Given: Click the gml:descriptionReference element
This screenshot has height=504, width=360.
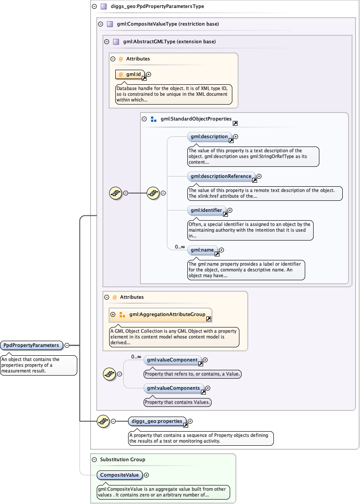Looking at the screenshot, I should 221,176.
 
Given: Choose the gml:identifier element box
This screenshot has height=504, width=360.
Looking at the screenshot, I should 206,211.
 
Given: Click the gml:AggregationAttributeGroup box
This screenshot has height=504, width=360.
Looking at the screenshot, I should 161,314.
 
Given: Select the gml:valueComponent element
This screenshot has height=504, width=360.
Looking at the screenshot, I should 172,360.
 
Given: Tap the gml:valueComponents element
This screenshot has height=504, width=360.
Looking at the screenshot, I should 173,388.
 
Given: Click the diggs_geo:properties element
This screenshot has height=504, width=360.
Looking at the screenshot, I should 157,421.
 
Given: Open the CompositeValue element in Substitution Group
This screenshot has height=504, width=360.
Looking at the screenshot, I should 119,475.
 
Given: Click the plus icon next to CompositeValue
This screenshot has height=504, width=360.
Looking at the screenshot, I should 147,475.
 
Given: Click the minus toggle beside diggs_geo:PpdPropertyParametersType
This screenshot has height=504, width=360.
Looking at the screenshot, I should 94,7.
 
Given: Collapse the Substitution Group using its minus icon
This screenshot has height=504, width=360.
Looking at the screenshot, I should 94,459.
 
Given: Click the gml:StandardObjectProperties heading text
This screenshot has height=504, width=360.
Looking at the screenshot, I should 196,119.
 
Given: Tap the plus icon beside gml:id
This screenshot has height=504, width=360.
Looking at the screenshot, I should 149,75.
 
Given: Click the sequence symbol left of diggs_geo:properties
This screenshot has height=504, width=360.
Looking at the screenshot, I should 103,421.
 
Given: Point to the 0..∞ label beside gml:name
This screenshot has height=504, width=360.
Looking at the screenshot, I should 180,247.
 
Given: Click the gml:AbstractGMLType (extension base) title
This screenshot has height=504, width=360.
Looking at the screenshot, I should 169,42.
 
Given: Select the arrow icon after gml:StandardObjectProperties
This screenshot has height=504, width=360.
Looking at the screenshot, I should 235,123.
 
